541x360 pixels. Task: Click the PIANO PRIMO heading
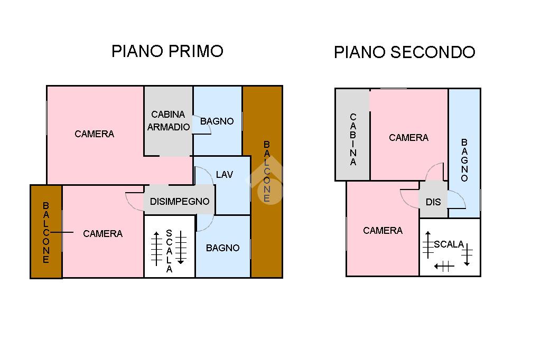pyautogui.click(x=167, y=51)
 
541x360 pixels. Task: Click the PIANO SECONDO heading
pyautogui.click(x=404, y=52)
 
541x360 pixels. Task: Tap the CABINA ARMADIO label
pyautogui.click(x=169, y=121)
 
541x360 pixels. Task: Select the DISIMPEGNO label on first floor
pyautogui.click(x=180, y=202)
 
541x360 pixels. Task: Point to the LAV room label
pyautogui.click(x=224, y=175)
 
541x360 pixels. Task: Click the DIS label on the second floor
pyautogui.click(x=433, y=202)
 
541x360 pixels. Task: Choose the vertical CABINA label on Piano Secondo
pyautogui.click(x=352, y=139)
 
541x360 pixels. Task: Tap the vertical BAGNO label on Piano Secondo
pyautogui.click(x=464, y=160)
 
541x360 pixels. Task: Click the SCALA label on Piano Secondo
pyautogui.click(x=449, y=244)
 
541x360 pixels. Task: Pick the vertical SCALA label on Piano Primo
pyautogui.click(x=169, y=251)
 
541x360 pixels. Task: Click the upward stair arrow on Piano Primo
pyautogui.click(x=156, y=249)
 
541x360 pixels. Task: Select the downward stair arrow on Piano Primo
pyautogui.click(x=181, y=247)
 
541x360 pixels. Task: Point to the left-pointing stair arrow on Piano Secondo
pyautogui.click(x=444, y=266)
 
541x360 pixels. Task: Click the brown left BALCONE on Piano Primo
pyautogui.click(x=46, y=232)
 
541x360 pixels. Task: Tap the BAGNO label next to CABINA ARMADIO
pyautogui.click(x=217, y=121)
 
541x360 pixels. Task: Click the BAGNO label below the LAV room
pyautogui.click(x=222, y=248)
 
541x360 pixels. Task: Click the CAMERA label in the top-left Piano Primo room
pyautogui.click(x=94, y=134)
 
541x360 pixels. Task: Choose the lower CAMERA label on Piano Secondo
pyautogui.click(x=383, y=230)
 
